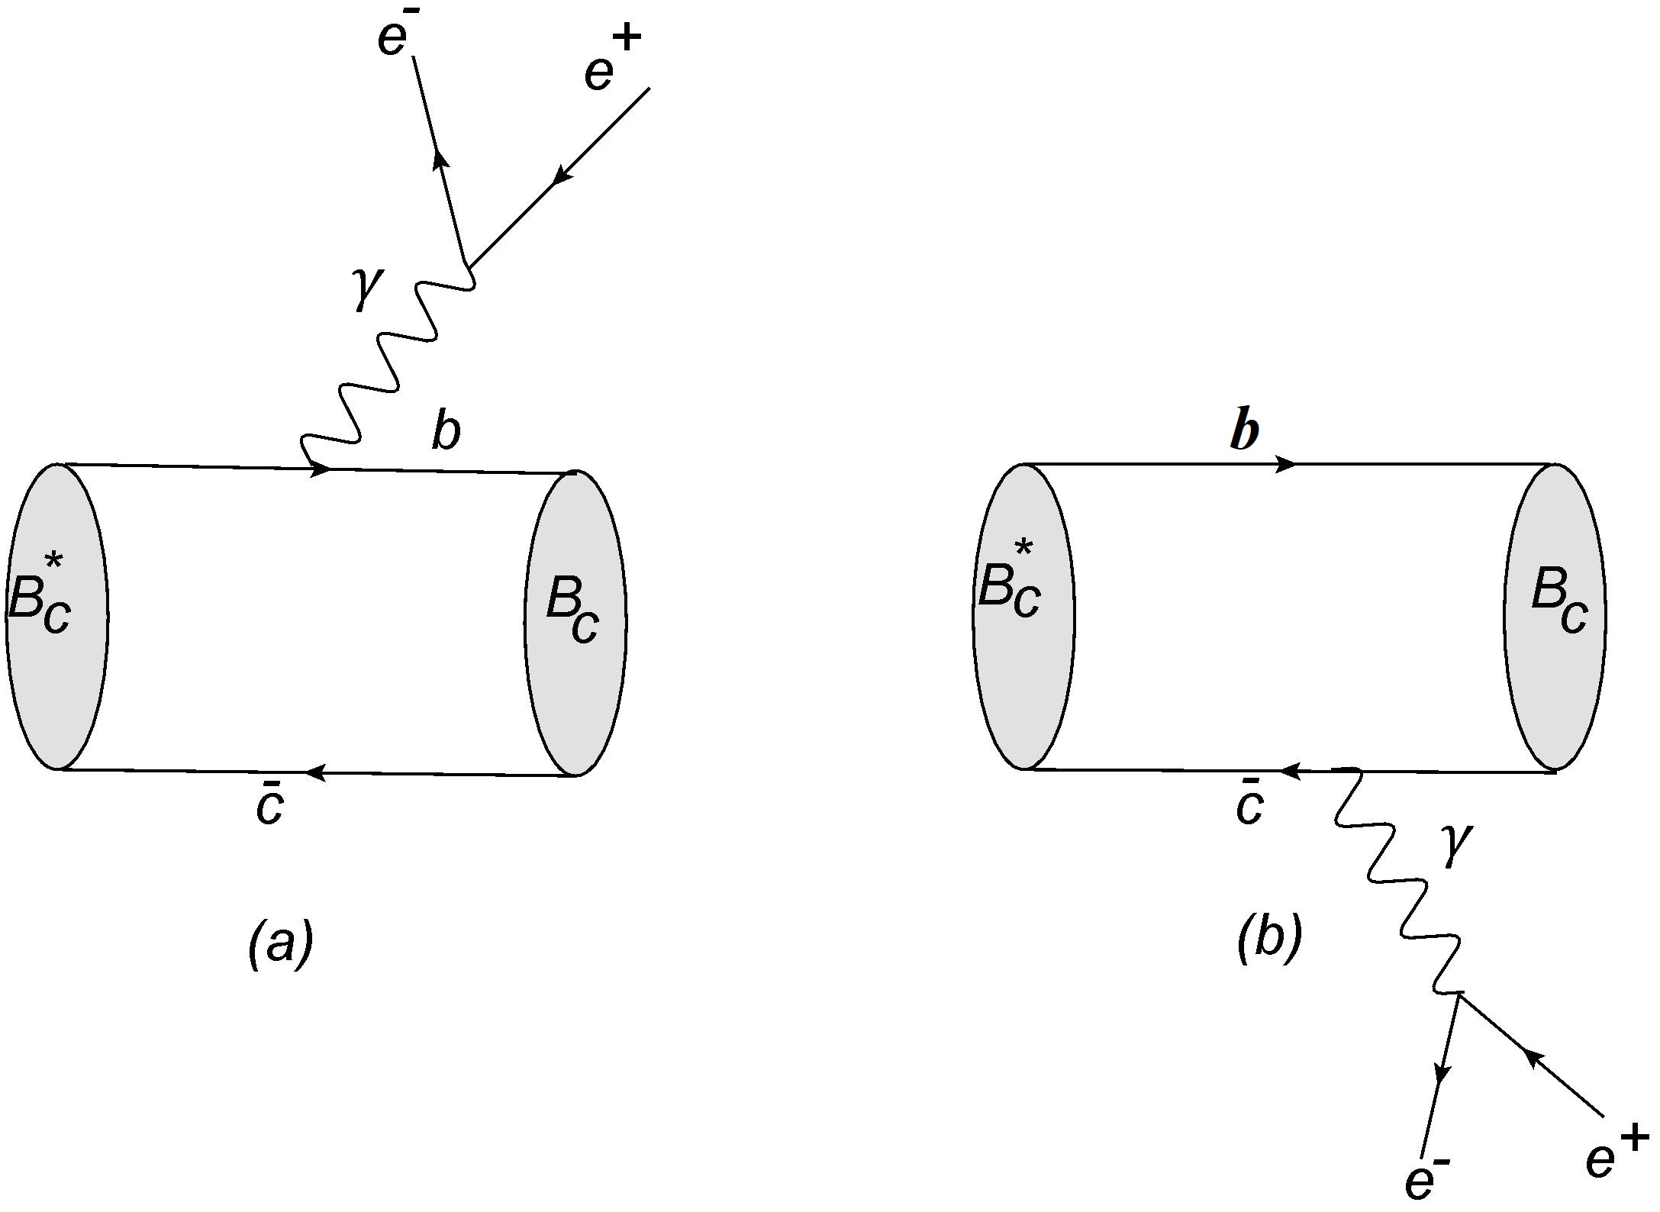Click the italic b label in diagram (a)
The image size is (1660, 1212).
coord(446,433)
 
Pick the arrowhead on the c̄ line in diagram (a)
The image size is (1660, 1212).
coord(315,773)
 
